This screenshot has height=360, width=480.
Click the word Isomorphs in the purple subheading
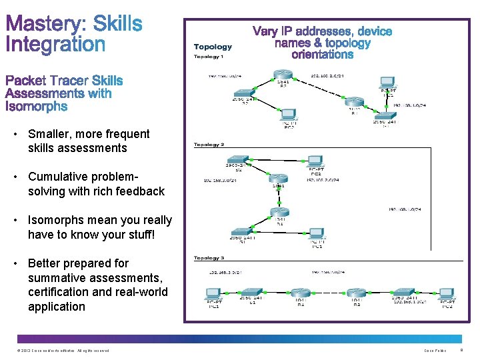tap(36, 106)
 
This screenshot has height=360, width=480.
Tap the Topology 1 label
tap(209, 57)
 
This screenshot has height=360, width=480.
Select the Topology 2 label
tap(209, 145)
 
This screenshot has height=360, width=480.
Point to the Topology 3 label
tap(209, 257)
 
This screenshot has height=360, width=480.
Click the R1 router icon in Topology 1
tap(354, 103)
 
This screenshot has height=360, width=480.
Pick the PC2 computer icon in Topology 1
tap(289, 116)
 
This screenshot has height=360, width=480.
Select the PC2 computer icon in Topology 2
tap(315, 161)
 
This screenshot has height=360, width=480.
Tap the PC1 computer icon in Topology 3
tap(214, 294)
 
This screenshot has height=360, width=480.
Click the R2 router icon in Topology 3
tap(357, 293)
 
